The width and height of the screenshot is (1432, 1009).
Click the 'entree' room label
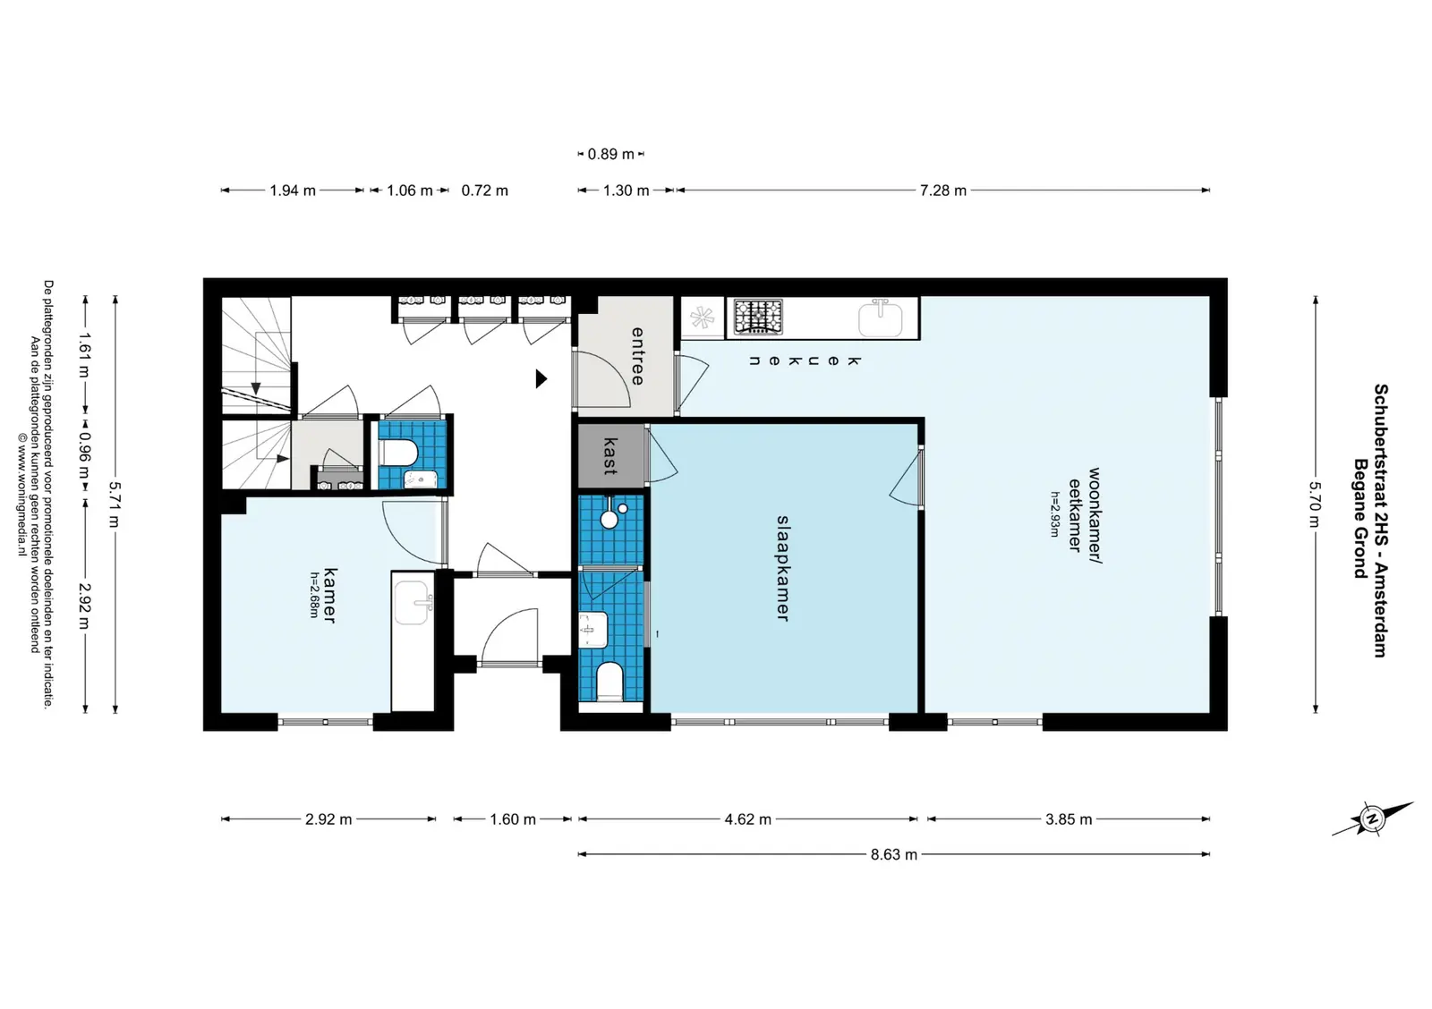coord(637,356)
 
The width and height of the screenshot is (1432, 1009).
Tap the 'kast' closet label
coord(610,456)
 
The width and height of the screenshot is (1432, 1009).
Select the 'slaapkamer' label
coord(783,568)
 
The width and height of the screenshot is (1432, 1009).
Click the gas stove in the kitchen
coord(757,317)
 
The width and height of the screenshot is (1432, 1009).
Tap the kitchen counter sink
coord(881,318)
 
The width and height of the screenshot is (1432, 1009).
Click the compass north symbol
coord(1372,818)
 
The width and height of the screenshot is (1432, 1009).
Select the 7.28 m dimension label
coord(943,191)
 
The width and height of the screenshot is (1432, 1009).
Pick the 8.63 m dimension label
coord(894,854)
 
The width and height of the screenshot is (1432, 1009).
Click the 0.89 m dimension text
coord(610,154)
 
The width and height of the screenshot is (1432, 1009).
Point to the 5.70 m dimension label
coord(1315,504)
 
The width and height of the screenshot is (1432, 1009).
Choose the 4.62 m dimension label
coord(747,819)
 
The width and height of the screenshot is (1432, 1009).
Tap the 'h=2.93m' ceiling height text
coord(1054,513)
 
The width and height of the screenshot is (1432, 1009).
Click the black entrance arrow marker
coord(541,379)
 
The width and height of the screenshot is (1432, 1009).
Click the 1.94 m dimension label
coord(292,191)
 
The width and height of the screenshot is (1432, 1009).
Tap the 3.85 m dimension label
coord(1069,819)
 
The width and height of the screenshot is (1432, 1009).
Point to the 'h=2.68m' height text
coord(314,594)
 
